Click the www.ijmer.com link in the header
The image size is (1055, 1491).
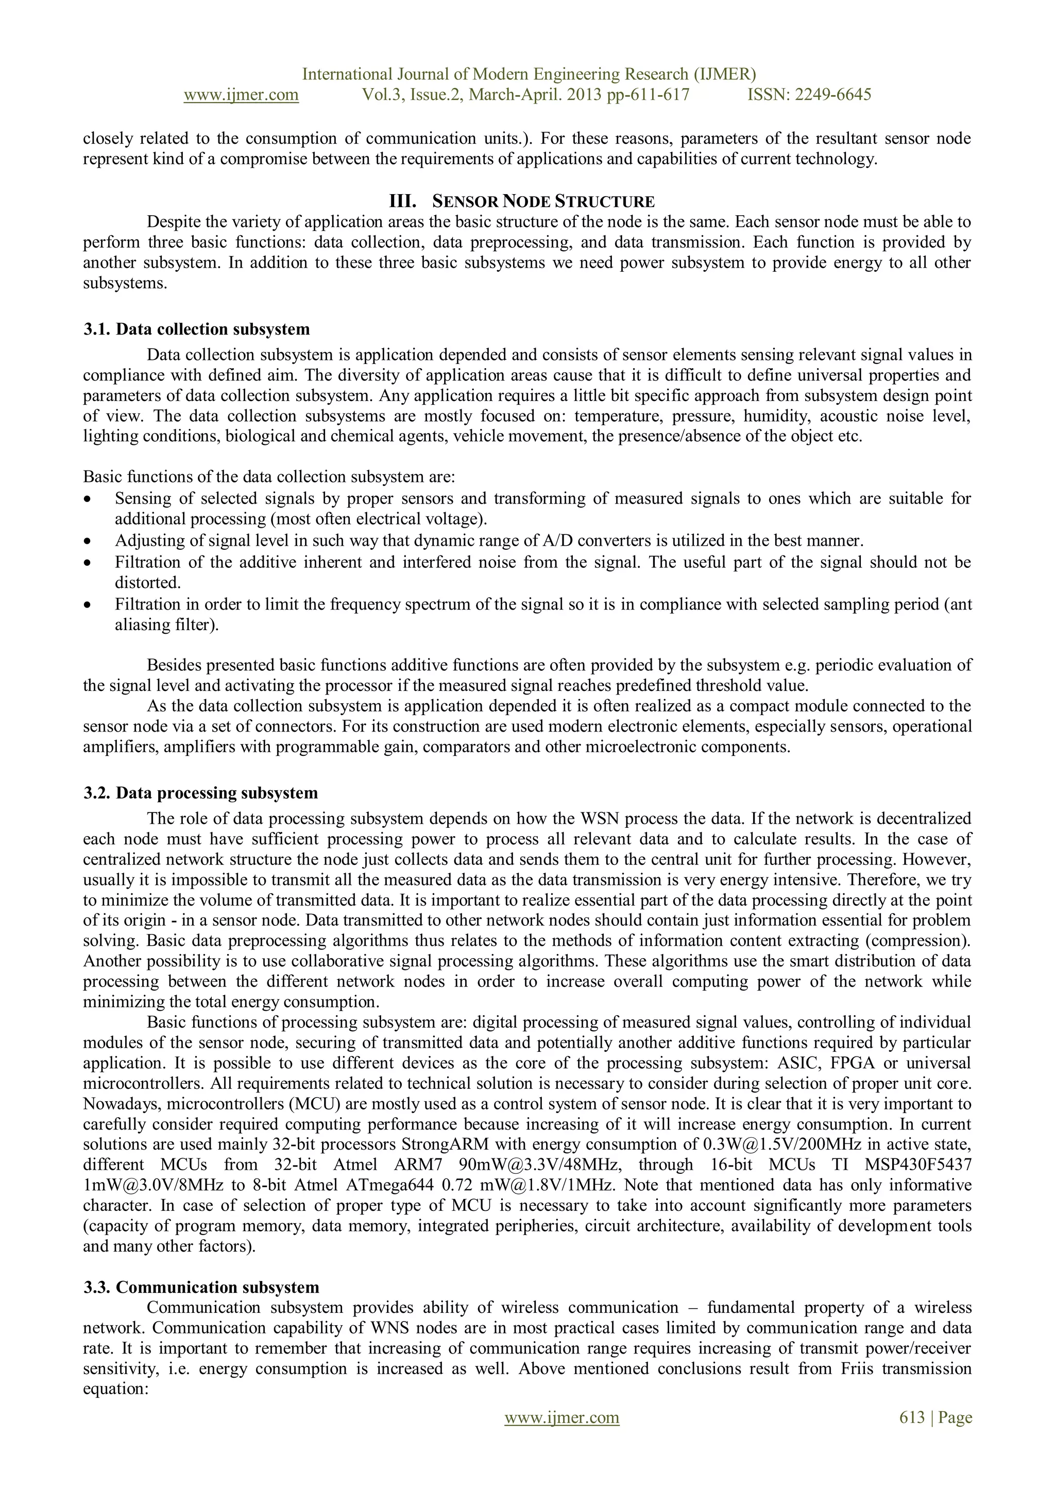pos(241,95)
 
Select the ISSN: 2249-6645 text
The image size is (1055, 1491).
pos(809,95)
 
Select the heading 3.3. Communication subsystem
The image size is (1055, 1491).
pos(201,1287)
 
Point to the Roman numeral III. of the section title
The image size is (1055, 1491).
pos(402,201)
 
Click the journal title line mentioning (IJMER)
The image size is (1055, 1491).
pos(529,74)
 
